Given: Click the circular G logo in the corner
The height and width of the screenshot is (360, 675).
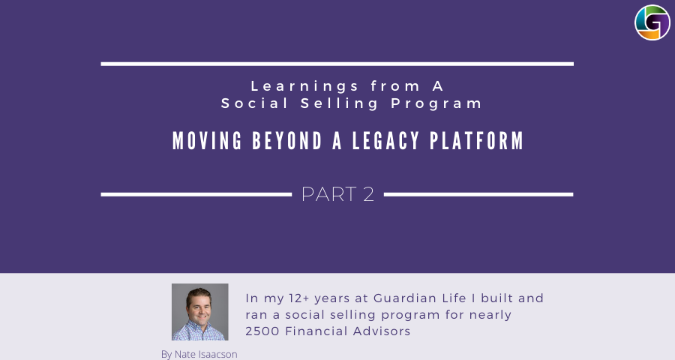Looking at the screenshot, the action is point(652,22).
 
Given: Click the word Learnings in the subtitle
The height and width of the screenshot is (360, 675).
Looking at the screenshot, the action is point(304,86).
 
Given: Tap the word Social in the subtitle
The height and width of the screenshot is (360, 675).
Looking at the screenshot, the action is point(254,103).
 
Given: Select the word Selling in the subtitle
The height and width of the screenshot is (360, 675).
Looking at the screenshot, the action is point(339,103).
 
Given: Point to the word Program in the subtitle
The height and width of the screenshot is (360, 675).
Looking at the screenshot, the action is point(436,103).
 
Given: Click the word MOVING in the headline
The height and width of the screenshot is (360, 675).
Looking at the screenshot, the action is point(208,141).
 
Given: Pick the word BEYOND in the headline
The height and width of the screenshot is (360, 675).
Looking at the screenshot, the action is point(287,141).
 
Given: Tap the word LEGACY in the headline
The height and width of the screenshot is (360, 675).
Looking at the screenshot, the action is point(385,141).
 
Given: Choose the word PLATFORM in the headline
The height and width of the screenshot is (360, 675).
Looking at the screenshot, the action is point(476,141).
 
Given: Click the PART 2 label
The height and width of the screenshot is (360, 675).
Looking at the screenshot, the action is point(337,194).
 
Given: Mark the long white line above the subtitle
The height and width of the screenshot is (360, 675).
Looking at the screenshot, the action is point(337,64).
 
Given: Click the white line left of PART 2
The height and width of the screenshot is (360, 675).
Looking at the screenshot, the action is point(196,195).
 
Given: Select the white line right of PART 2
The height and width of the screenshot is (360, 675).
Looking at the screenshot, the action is point(478,195).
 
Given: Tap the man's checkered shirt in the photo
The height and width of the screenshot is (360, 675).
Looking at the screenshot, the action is point(199,331).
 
